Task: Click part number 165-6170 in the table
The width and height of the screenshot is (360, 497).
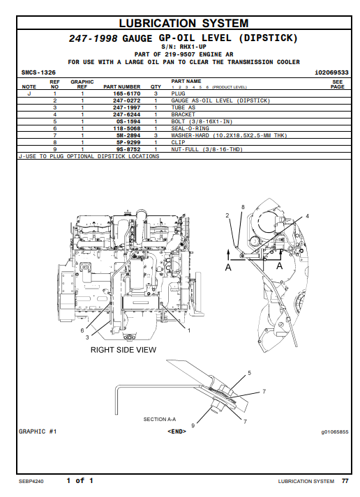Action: coord(126,93)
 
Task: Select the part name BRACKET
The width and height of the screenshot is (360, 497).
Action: coord(183,114)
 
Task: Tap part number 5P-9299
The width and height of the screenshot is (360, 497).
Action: coord(128,142)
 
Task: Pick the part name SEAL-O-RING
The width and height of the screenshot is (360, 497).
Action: coord(190,128)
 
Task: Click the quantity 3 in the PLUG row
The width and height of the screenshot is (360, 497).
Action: coord(156,93)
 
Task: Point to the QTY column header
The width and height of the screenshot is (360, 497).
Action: coord(156,86)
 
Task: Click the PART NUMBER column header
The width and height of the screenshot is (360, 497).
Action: coord(122,86)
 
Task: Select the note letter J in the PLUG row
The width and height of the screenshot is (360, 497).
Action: coord(29,93)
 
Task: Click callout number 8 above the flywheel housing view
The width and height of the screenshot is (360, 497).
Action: coord(243,207)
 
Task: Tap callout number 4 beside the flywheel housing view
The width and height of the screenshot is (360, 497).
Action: coord(307,216)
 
